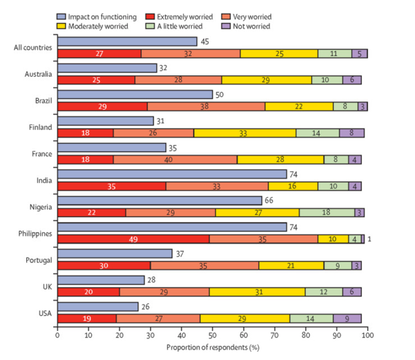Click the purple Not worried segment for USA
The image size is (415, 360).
pos(348,318)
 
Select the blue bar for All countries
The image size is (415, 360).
pos(127,42)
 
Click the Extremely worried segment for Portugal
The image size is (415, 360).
pos(104,265)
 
